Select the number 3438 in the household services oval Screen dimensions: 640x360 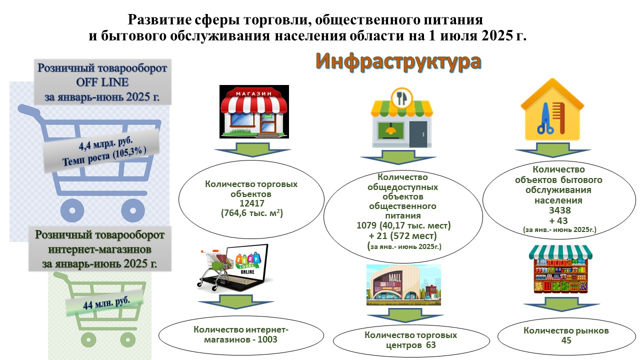[x=559, y=210]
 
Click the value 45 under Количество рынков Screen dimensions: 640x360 [x=566, y=340]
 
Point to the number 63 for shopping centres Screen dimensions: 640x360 [x=431, y=345]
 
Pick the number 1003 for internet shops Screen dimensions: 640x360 [x=267, y=339]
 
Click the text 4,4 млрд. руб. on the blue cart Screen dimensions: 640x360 [x=105, y=143]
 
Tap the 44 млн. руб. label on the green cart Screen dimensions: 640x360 [x=106, y=303]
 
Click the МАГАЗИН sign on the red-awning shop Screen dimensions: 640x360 [x=253, y=93]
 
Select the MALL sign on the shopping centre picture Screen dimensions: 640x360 [x=395, y=277]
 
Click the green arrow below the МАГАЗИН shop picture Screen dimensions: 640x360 [x=252, y=149]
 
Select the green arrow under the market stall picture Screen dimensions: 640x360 [x=561, y=304]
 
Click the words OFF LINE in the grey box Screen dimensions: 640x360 [x=102, y=82]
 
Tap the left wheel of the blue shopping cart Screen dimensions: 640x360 [x=72, y=210]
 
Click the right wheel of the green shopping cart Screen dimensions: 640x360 [x=127, y=340]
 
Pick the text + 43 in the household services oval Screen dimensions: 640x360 [x=558, y=221]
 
